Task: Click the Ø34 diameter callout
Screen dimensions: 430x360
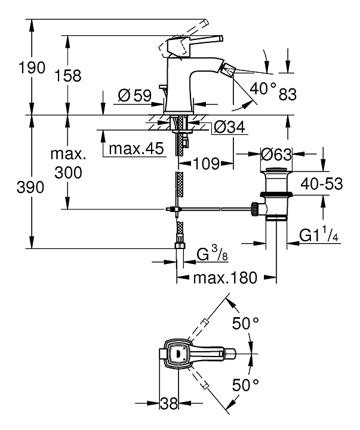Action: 227,127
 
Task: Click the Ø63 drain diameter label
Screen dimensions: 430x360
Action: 276,155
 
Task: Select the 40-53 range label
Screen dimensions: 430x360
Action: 322,184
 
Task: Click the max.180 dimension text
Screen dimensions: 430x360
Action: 227,278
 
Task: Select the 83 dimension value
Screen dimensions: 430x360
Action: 287,94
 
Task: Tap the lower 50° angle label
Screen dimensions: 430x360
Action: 245,384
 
